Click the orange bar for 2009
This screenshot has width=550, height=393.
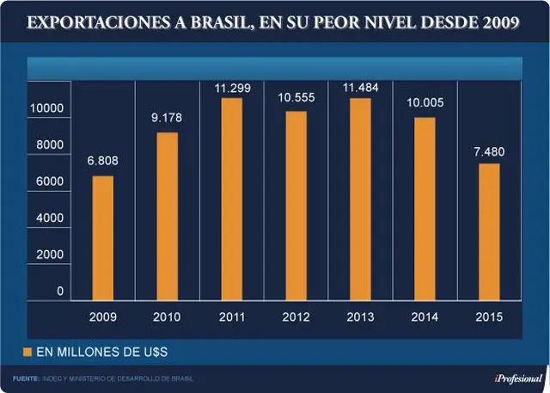tap(103, 238)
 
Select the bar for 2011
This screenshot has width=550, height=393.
tap(232, 200)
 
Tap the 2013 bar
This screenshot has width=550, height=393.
tap(360, 200)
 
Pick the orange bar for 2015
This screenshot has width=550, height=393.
tap(489, 232)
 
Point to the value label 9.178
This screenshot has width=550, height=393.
tap(167, 118)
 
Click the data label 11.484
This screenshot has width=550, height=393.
tap(361, 88)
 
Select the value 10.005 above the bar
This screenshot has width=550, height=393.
tap(425, 103)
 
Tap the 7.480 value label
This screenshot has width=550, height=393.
tap(489, 152)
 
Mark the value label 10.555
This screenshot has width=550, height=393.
tap(296, 97)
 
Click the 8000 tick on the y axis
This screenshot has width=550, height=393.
tap(50, 144)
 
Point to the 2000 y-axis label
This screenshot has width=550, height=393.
tap(50, 255)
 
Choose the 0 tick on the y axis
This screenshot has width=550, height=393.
tap(60, 291)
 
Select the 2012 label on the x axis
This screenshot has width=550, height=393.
tap(296, 317)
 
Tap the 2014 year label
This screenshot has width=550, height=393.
tap(425, 317)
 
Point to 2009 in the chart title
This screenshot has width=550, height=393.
tap(501, 22)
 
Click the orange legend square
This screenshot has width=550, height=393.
tap(27, 352)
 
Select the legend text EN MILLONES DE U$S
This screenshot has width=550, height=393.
tap(102, 352)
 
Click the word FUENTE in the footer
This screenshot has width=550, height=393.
tap(26, 379)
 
